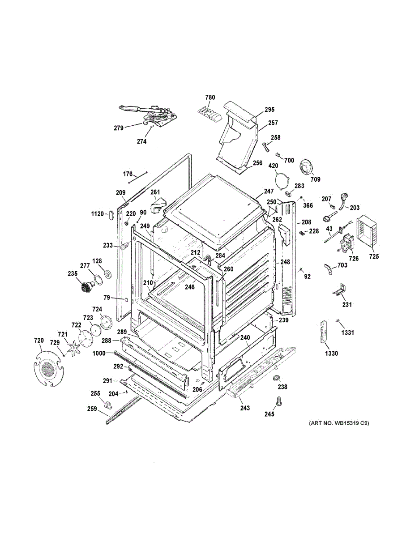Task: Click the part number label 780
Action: click(210, 98)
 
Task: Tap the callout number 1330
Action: click(331, 354)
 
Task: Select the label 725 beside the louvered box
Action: click(374, 256)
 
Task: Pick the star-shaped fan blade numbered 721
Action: click(73, 350)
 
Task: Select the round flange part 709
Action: click(306, 168)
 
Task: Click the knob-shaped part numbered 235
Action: click(87, 287)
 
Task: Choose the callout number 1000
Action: click(99, 354)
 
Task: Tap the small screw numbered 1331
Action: click(337, 321)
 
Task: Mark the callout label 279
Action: click(119, 128)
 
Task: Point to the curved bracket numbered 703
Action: click(328, 268)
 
